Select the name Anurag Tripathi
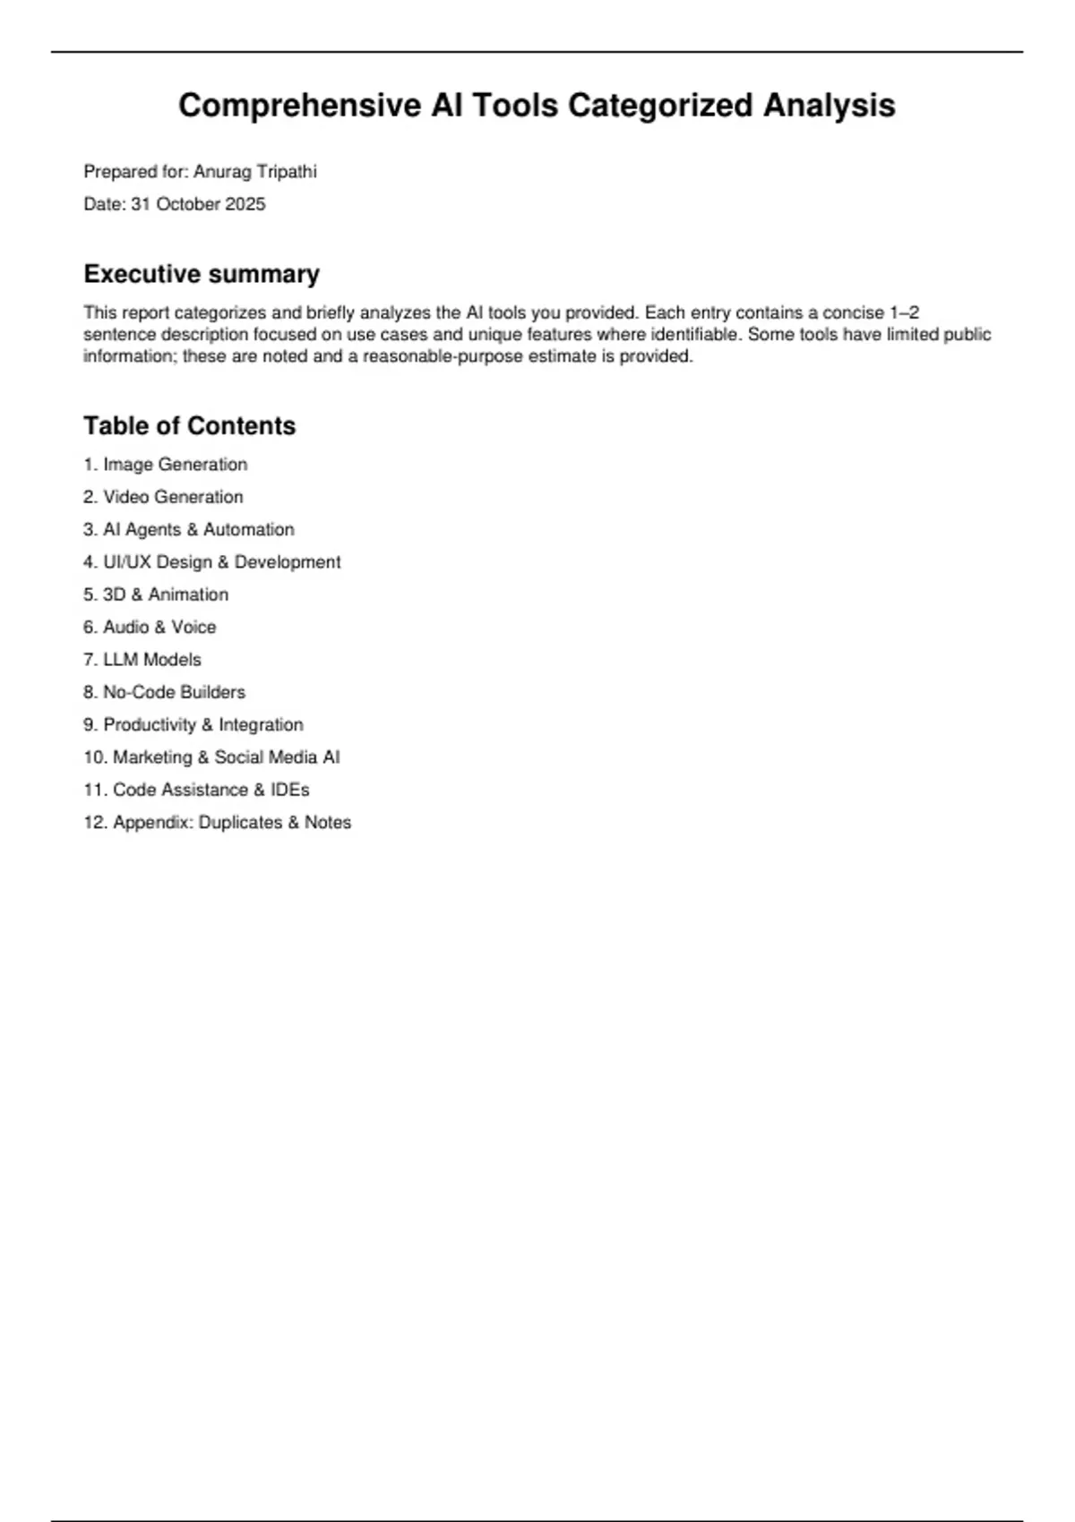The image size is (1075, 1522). pyautogui.click(x=255, y=172)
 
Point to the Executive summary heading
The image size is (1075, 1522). pyautogui.click(x=202, y=274)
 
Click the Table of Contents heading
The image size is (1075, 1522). pyautogui.click(x=189, y=425)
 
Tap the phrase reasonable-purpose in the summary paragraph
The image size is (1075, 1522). pyautogui.click(x=442, y=356)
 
